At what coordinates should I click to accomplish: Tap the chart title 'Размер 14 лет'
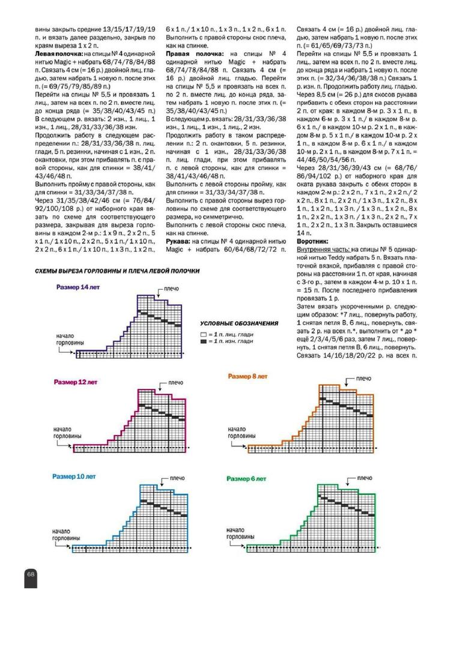78,287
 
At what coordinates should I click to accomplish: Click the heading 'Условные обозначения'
239,323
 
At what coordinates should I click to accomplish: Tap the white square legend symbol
204,334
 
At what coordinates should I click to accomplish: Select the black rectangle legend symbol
204,341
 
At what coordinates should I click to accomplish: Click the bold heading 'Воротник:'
314,241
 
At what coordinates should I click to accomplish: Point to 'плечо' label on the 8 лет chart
363,379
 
